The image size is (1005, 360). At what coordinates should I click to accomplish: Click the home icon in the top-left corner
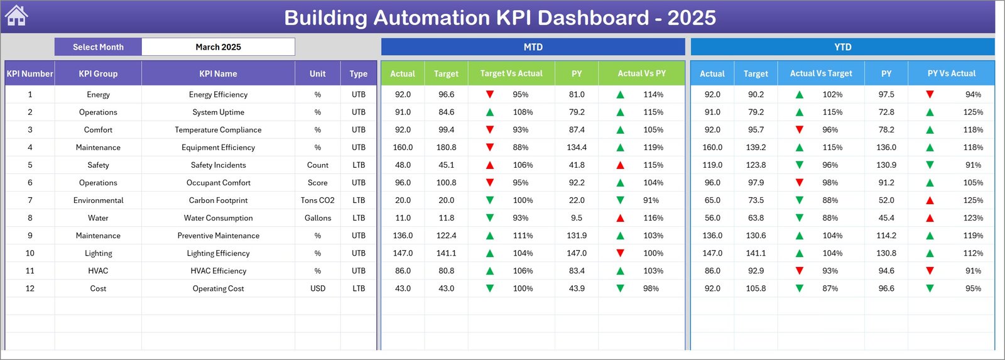pyautogui.click(x=16, y=16)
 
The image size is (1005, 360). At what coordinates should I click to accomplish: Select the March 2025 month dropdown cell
pyautogui.click(x=218, y=47)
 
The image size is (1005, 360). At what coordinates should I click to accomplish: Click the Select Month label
pyautogui.click(x=98, y=47)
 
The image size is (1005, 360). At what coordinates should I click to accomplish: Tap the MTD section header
pyautogui.click(x=533, y=47)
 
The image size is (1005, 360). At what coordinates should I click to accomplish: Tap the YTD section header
pyautogui.click(x=842, y=47)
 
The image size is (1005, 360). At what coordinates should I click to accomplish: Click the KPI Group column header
pyautogui.click(x=98, y=74)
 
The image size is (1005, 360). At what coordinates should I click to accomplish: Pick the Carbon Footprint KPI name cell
pyautogui.click(x=218, y=200)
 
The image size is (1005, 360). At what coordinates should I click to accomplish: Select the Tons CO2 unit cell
pyautogui.click(x=317, y=200)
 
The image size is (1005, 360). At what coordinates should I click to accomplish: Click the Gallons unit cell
pyautogui.click(x=317, y=218)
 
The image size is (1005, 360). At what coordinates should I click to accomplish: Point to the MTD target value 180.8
pyautogui.click(x=446, y=148)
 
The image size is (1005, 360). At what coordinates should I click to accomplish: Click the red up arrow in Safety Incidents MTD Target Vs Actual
pyautogui.click(x=490, y=165)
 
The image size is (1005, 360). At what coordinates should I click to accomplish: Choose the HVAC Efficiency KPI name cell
pyautogui.click(x=218, y=271)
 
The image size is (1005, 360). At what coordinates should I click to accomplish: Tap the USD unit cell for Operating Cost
pyautogui.click(x=317, y=288)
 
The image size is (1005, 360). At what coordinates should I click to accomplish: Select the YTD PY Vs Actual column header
pyautogui.click(x=951, y=74)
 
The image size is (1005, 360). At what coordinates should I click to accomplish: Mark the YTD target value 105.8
pyautogui.click(x=756, y=288)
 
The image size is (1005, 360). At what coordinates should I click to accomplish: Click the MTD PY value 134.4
pyautogui.click(x=576, y=148)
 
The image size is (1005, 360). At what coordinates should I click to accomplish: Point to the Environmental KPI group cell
pyautogui.click(x=98, y=200)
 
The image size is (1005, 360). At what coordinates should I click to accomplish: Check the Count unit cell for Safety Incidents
pyautogui.click(x=317, y=165)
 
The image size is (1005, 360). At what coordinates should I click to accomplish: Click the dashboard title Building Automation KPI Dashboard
pyautogui.click(x=499, y=18)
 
